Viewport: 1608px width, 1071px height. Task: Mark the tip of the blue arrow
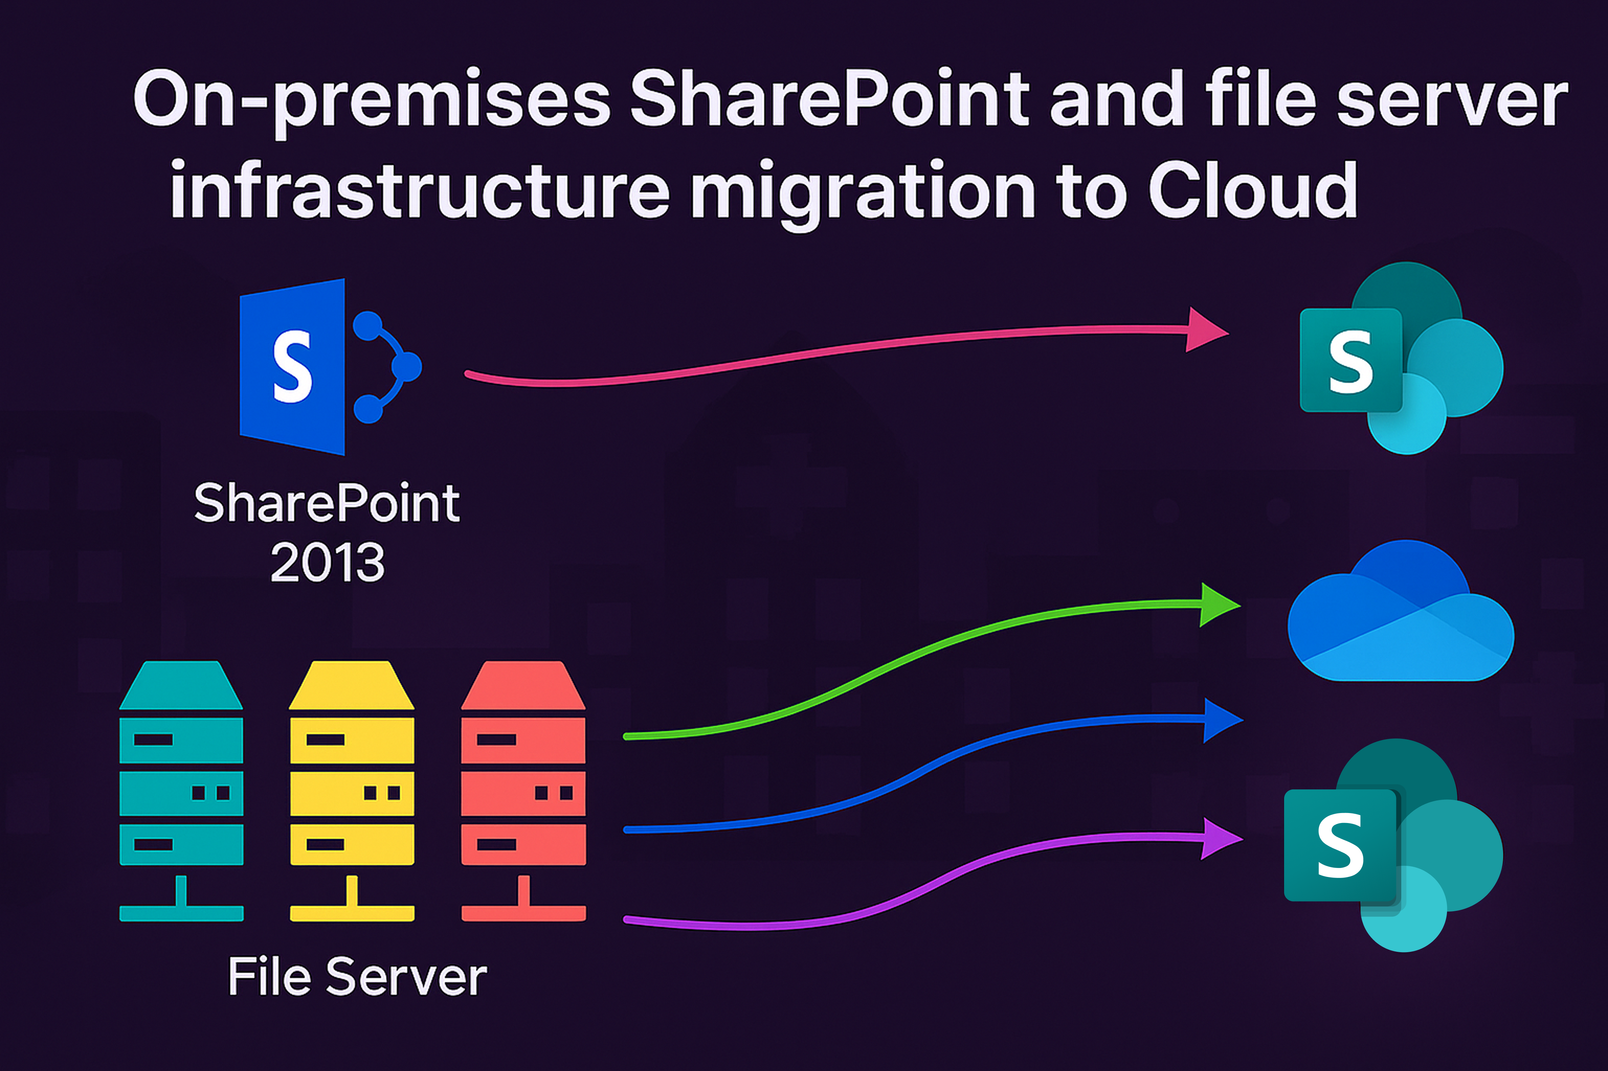(x=1242, y=720)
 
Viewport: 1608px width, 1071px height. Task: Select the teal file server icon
(x=181, y=791)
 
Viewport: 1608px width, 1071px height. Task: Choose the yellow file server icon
(x=352, y=791)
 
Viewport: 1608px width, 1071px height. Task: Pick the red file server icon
(x=523, y=791)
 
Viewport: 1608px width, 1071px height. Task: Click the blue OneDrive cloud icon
(x=1401, y=611)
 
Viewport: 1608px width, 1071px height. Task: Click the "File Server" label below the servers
(x=357, y=977)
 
